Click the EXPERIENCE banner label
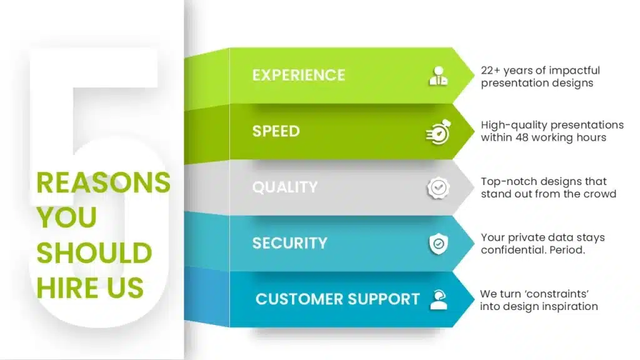pyautogui.click(x=298, y=75)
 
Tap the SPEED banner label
pyautogui.click(x=276, y=131)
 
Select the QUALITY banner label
pyautogui.click(x=285, y=187)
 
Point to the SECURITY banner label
pyautogui.click(x=290, y=243)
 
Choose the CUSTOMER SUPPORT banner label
pyautogui.click(x=337, y=299)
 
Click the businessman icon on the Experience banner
pyautogui.click(x=438, y=76)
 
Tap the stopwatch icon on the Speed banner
pyautogui.click(x=438, y=132)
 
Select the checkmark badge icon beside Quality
pyautogui.click(x=438, y=187)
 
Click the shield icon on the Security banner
pyautogui.click(x=438, y=244)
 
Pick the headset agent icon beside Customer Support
pyautogui.click(x=438, y=299)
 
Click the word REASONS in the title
pyautogui.click(x=103, y=182)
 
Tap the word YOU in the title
pyautogui.click(x=66, y=217)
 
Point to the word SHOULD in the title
pyautogui.click(x=94, y=253)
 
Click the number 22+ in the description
pyautogui.click(x=490, y=71)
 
